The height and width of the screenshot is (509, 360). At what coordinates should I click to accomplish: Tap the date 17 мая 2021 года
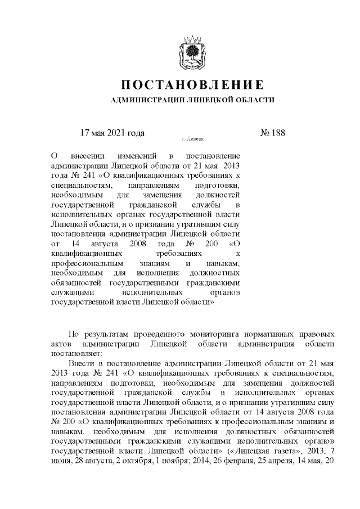(112, 133)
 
